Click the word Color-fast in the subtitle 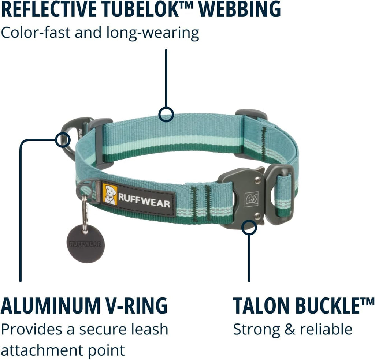point(36,33)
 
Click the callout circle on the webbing point(166,114)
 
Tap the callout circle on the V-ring point(63,140)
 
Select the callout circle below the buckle point(249,228)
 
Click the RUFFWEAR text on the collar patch point(144,200)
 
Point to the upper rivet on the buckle point(257,180)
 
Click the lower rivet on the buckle point(257,217)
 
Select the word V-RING point(137,305)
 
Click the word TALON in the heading point(261,305)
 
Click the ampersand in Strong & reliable point(290,329)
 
